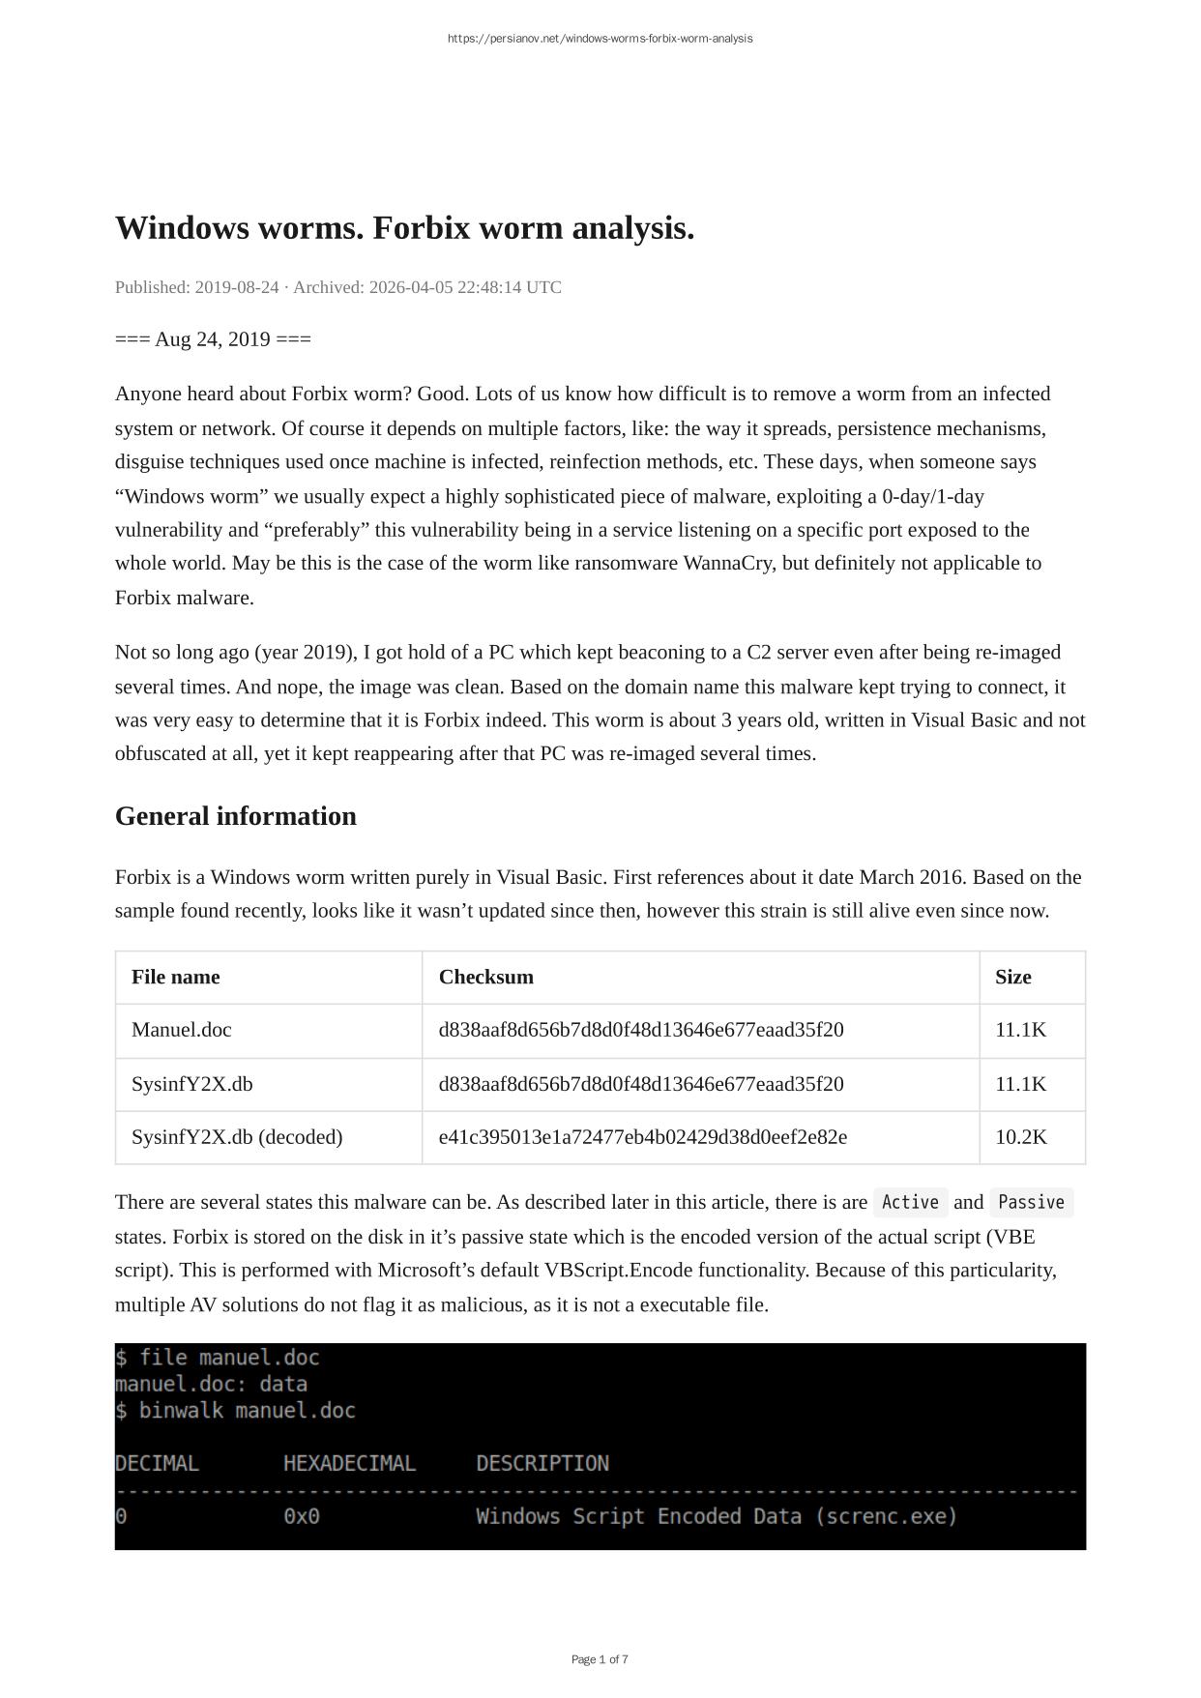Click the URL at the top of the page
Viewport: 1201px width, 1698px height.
(x=600, y=39)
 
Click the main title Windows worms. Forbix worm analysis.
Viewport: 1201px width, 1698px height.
(x=404, y=228)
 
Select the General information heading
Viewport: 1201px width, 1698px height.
(x=235, y=816)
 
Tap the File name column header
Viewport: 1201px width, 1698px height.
(x=175, y=977)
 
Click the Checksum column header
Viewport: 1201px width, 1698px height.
(x=485, y=977)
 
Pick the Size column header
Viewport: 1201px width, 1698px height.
(x=1012, y=977)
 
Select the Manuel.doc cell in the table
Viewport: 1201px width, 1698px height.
(x=181, y=1030)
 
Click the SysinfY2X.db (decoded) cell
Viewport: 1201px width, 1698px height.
(x=237, y=1137)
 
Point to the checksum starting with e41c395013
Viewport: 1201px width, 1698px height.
(x=642, y=1137)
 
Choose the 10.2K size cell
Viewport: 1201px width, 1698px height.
(x=1020, y=1137)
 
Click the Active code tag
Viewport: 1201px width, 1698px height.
(x=910, y=1202)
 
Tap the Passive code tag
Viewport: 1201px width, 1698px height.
(x=1031, y=1202)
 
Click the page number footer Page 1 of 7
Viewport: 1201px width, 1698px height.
(x=600, y=1659)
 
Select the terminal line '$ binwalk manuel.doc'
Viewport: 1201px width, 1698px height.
(x=235, y=1411)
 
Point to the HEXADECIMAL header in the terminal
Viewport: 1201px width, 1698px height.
(x=349, y=1463)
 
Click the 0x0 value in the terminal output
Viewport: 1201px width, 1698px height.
(x=301, y=1516)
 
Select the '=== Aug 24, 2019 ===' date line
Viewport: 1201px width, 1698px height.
(x=213, y=339)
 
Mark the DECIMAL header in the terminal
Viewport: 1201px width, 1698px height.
(x=157, y=1463)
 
